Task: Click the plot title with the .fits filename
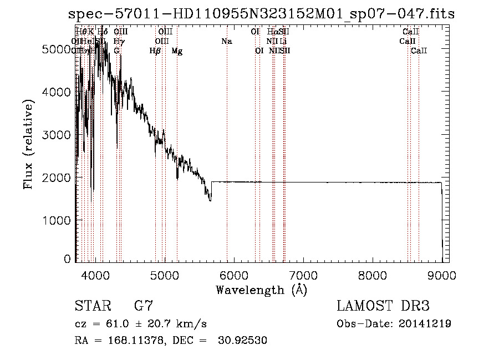[261, 14]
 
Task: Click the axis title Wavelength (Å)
[261, 290]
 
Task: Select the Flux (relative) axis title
[28, 144]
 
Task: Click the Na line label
[226, 42]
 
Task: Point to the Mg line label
[177, 51]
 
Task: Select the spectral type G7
[144, 306]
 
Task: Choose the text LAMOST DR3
[383, 306]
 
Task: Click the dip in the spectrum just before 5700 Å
[210, 198]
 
